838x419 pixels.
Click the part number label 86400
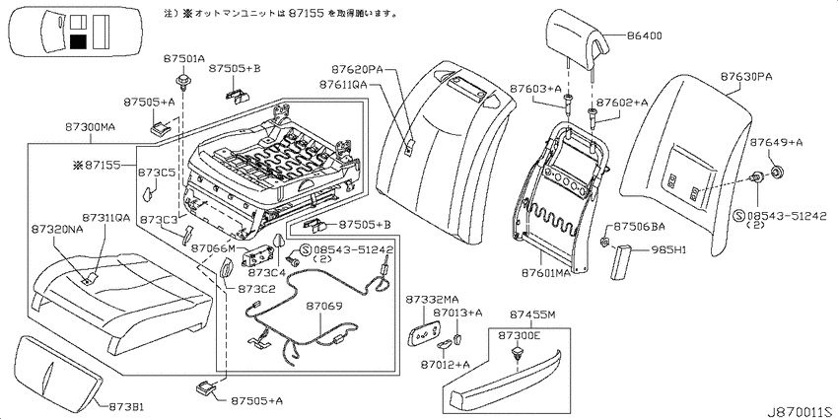pyautogui.click(x=644, y=35)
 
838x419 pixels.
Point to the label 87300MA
pyautogui.click(x=91, y=127)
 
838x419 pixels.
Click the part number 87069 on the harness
pyautogui.click(x=324, y=307)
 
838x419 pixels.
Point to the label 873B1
pyautogui.click(x=126, y=407)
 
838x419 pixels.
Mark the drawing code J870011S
pyautogui.click(x=802, y=412)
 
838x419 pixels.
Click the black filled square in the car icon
pyautogui.click(x=78, y=40)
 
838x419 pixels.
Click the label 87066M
pyautogui.click(x=213, y=248)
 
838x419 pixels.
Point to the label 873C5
pyautogui.click(x=157, y=173)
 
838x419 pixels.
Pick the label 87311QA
pyautogui.click(x=105, y=218)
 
